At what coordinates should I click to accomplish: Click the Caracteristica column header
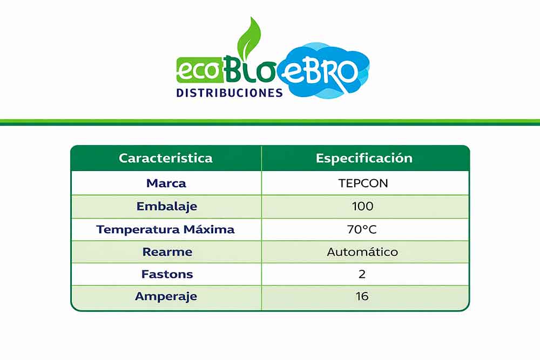166,158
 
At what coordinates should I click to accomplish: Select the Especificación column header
364,158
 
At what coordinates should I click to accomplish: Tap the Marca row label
166,183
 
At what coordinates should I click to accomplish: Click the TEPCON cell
363,183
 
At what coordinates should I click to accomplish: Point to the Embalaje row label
167,206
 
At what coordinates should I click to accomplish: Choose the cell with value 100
363,206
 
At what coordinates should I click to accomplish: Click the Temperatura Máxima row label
165,229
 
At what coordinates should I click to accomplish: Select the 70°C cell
362,229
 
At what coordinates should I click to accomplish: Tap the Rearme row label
167,252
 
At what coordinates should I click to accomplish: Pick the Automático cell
362,252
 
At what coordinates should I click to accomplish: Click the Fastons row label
167,274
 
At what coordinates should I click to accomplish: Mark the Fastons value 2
362,274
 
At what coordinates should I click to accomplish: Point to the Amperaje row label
166,296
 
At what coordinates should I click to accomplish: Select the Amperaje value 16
362,296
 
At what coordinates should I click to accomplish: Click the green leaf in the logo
249,38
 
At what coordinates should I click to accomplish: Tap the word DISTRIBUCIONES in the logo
230,93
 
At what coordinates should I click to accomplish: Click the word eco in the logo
198,71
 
